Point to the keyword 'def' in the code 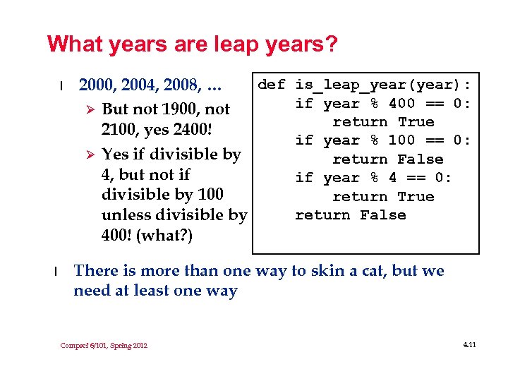(272, 85)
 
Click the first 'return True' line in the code (382, 122)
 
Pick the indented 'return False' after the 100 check (387, 159)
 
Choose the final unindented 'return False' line (350, 215)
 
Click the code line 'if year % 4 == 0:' (373, 178)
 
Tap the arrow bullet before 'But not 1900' (89, 109)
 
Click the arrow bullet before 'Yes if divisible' (89, 154)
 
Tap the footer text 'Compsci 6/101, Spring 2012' (104, 345)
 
